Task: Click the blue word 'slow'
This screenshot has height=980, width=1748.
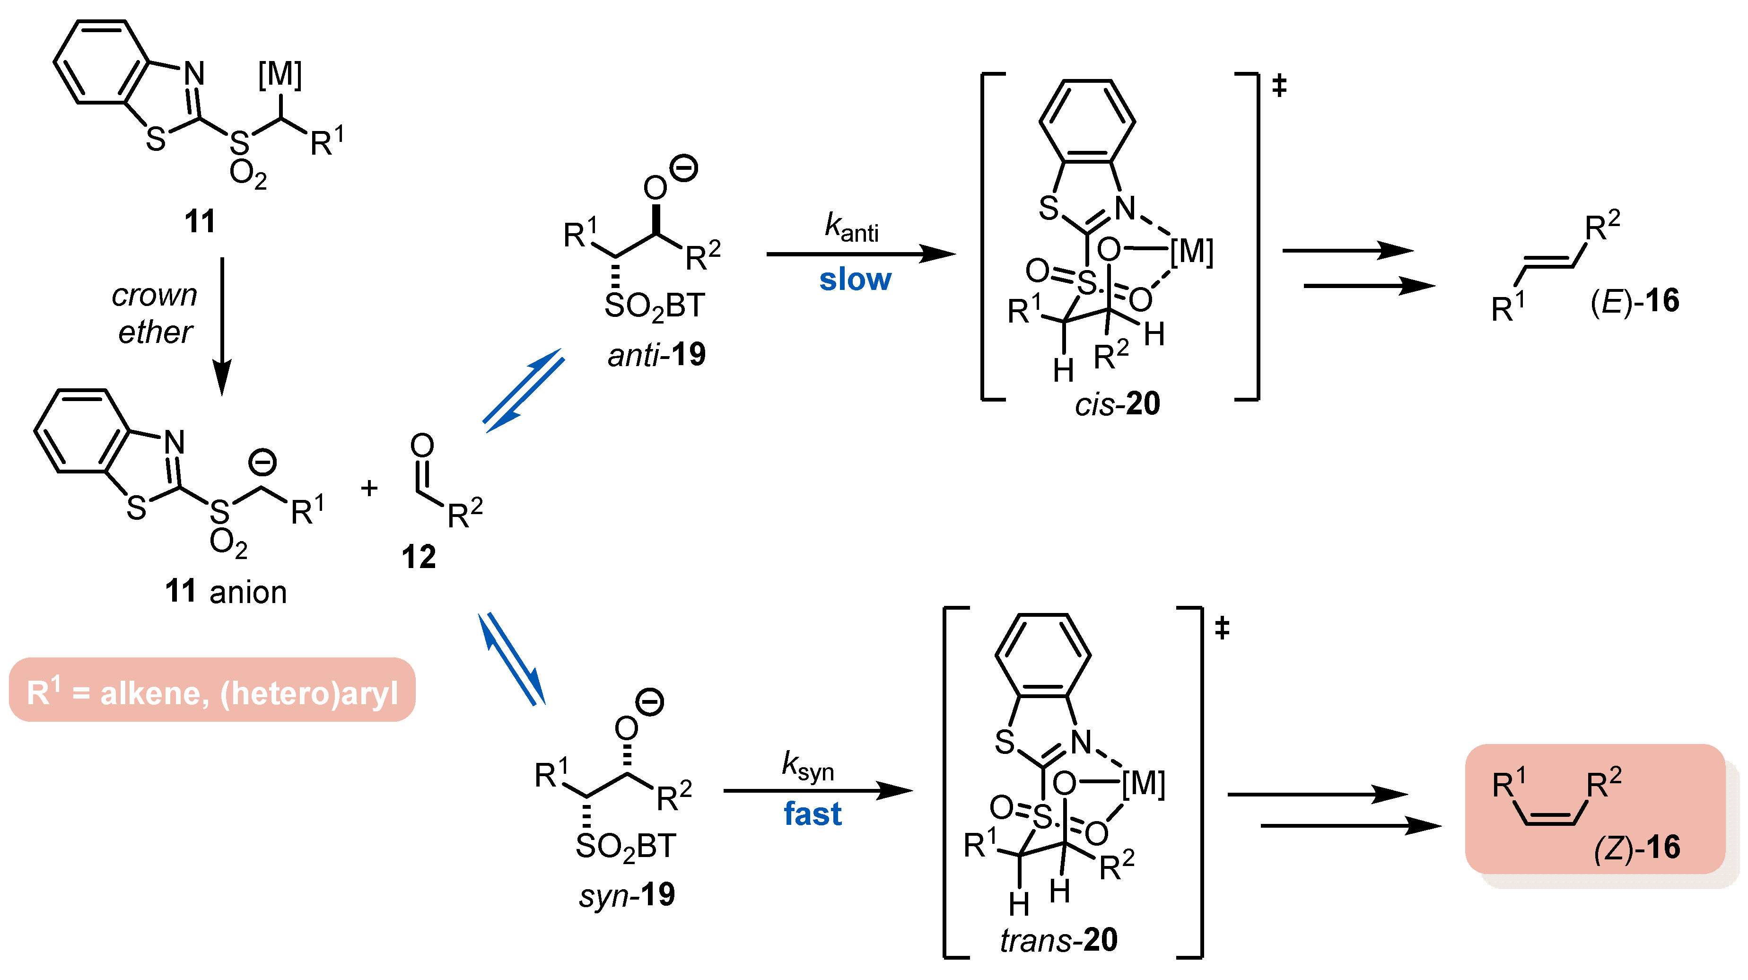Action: (855, 280)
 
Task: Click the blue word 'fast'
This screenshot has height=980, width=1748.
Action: (812, 814)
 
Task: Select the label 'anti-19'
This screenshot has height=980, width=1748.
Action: (656, 354)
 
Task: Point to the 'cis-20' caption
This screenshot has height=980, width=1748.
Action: (1117, 404)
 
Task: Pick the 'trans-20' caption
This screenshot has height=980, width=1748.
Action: (1058, 940)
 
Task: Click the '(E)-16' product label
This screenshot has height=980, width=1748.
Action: (1634, 301)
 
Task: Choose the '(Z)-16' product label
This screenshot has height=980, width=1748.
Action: (1637, 847)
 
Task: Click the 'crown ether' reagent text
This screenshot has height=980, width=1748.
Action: (155, 314)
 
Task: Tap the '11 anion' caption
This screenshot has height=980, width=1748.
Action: (226, 592)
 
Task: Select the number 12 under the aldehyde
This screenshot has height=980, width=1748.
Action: (419, 557)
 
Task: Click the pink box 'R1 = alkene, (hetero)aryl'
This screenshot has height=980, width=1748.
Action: (212, 690)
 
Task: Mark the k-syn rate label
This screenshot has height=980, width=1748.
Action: (807, 766)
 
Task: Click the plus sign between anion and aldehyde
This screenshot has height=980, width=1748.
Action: (369, 488)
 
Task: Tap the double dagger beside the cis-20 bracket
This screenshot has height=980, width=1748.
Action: (1279, 86)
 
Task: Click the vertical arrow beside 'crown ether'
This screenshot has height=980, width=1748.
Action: (222, 326)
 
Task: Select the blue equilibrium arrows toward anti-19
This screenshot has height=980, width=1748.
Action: (523, 390)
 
